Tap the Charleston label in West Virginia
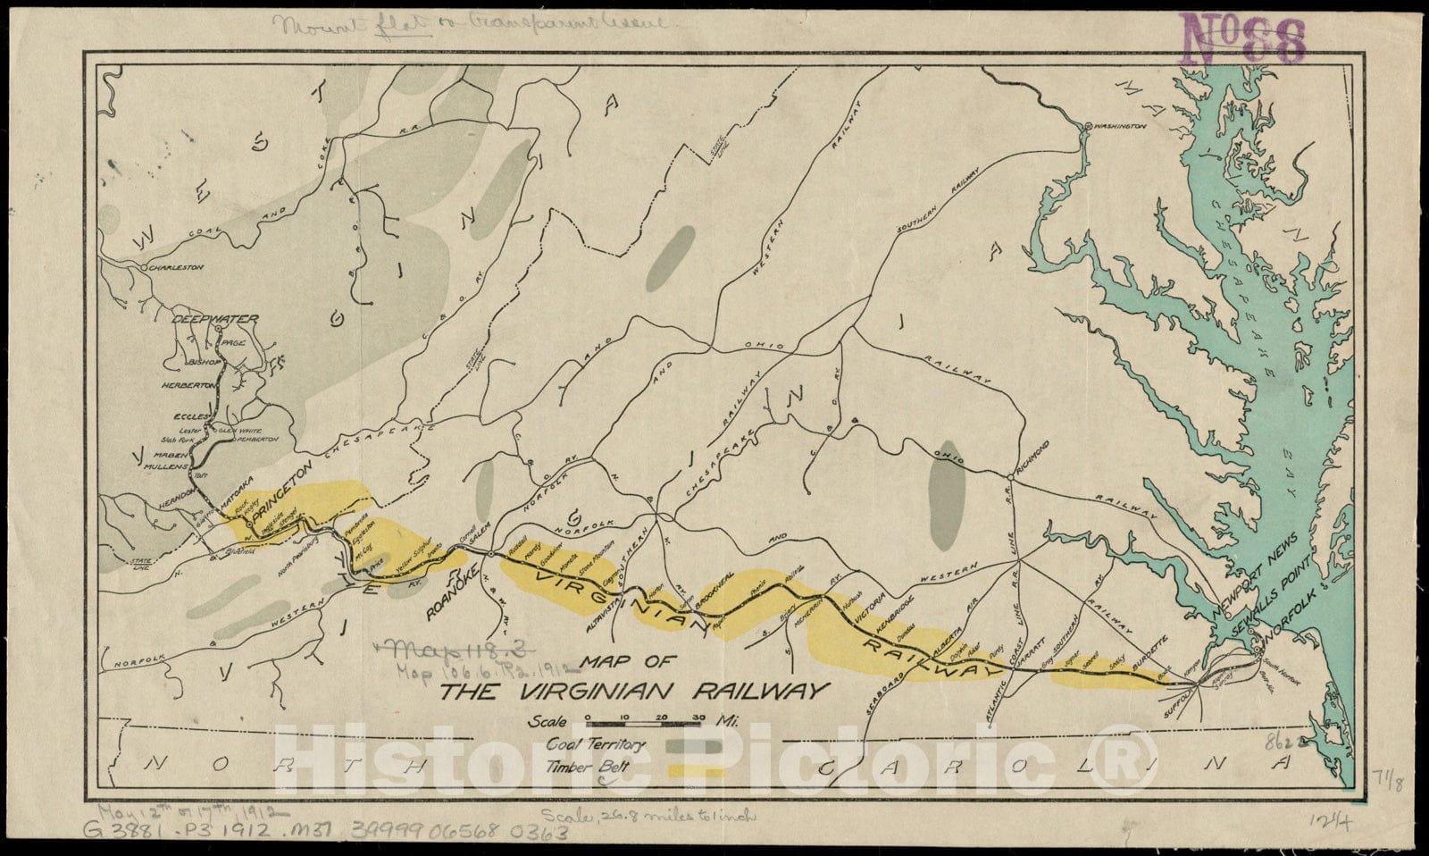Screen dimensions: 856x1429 [177, 267]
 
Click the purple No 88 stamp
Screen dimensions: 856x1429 [1244, 38]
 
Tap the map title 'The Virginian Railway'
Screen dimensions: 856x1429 [635, 691]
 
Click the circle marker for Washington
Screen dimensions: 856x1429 [1086, 128]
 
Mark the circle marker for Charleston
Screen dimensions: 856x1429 [143, 266]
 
